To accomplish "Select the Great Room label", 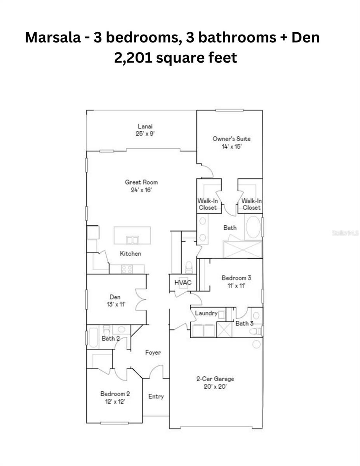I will (x=141, y=182).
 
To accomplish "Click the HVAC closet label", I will (x=183, y=282).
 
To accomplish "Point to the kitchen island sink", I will (x=132, y=240).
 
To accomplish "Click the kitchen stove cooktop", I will (x=127, y=269).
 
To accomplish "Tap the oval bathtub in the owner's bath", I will (x=253, y=227).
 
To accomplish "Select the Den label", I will (x=115, y=297).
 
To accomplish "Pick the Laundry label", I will (x=206, y=313).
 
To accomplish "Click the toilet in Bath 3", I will (x=255, y=331).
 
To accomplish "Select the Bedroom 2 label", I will (x=112, y=393).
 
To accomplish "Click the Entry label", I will (x=156, y=396).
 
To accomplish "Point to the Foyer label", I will (x=153, y=353).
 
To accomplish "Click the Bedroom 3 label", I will (x=236, y=278).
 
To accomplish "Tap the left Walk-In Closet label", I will (x=208, y=204).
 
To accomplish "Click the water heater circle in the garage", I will (x=256, y=344).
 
